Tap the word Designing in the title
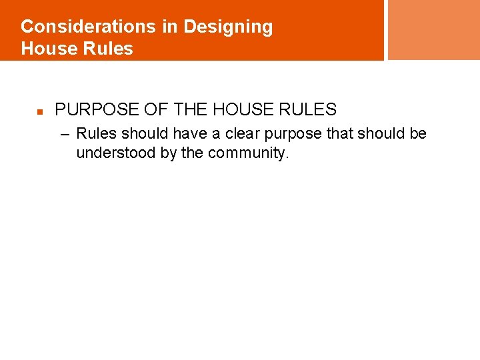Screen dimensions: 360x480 click(228, 27)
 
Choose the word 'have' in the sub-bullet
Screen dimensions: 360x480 click(191, 133)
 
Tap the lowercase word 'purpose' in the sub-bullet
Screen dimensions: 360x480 click(296, 133)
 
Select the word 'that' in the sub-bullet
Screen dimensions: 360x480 click(341, 133)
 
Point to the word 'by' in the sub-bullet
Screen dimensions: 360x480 click(169, 153)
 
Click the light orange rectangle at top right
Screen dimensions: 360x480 click(433, 30)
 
